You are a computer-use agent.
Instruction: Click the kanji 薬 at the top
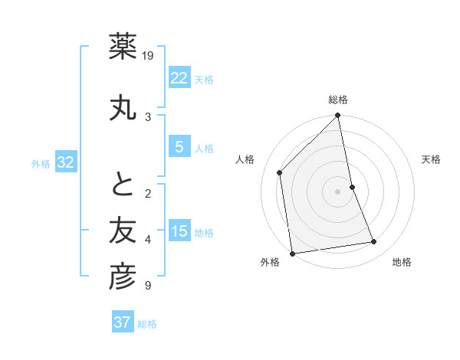pyautogui.click(x=123, y=47)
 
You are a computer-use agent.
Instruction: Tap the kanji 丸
pyautogui.click(x=123, y=107)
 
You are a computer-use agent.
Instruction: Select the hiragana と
pyautogui.click(x=123, y=184)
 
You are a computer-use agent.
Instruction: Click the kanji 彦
pyautogui.click(x=123, y=277)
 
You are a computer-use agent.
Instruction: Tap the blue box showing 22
pyautogui.click(x=179, y=78)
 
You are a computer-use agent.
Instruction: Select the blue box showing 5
pyautogui.click(x=179, y=147)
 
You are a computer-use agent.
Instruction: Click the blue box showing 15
pyautogui.click(x=179, y=231)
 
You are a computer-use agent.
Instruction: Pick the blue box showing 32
pyautogui.click(x=65, y=162)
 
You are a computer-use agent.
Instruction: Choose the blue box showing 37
pyautogui.click(x=123, y=322)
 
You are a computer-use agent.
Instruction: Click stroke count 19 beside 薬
pyautogui.click(x=149, y=56)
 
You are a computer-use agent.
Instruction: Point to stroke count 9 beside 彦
pyautogui.click(x=148, y=286)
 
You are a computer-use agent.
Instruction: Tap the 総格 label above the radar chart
pyautogui.click(x=338, y=100)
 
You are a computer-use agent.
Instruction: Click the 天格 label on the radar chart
pyautogui.click(x=431, y=159)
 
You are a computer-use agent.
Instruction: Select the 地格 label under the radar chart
pyautogui.click(x=402, y=262)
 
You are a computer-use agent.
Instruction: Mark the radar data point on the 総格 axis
pyautogui.click(x=338, y=116)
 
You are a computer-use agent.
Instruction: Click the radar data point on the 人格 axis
pyautogui.click(x=280, y=172)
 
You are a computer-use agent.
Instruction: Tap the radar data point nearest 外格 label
pyautogui.click(x=292, y=253)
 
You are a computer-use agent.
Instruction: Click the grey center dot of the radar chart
pyautogui.click(x=338, y=191)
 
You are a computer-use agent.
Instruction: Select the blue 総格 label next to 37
pyautogui.click(x=147, y=324)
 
